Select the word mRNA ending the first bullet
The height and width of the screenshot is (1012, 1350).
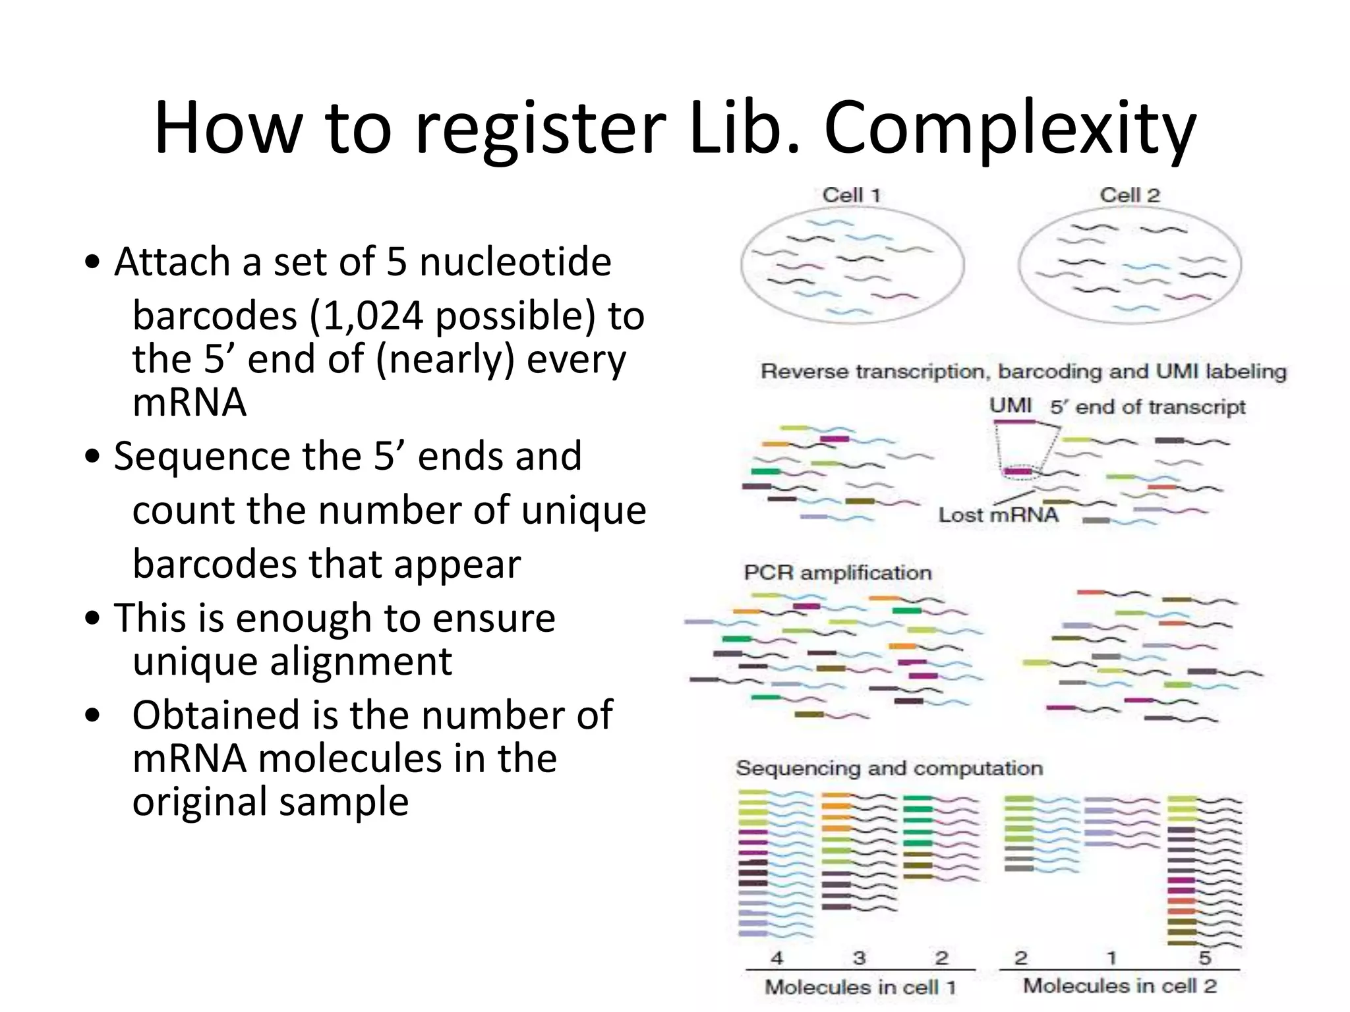point(190,403)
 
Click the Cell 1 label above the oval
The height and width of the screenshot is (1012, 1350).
point(851,195)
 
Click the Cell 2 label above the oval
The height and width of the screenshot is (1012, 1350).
point(1129,195)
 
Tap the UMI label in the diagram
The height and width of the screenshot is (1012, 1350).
point(1011,405)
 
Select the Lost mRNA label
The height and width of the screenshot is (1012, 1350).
point(998,515)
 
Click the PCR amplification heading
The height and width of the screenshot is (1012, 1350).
point(838,573)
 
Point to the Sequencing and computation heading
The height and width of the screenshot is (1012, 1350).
point(889,768)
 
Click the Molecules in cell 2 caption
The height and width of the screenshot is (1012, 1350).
point(1119,986)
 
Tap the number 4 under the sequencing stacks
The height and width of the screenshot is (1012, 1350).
point(777,957)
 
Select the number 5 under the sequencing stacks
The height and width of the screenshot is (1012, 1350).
point(1204,957)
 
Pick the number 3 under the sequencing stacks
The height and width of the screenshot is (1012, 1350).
point(859,957)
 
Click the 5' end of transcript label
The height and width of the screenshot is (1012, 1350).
point(1148,407)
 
